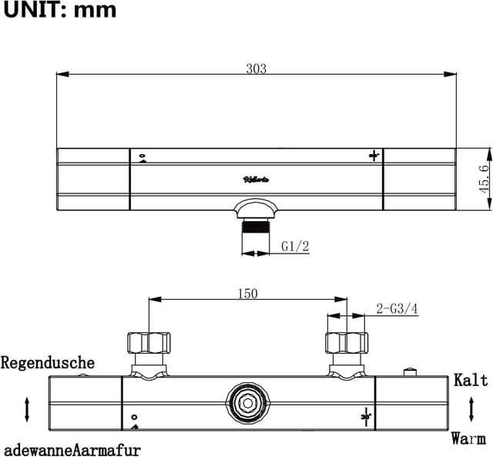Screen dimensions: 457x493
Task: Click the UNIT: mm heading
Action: [x=59, y=10]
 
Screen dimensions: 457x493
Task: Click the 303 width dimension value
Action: [x=256, y=69]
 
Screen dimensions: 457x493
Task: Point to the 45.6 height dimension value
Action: [x=484, y=179]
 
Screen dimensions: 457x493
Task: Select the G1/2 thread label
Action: [x=294, y=247]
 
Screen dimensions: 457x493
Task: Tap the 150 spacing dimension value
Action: [x=247, y=293]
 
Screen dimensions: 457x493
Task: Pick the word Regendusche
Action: [x=49, y=362]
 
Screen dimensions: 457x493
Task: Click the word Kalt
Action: [x=471, y=380]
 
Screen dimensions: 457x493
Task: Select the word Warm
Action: [x=468, y=439]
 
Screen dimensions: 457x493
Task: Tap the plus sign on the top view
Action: [x=374, y=156]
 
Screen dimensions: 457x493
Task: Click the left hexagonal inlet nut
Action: [x=148, y=343]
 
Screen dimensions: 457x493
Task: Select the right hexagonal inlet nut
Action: [x=347, y=343]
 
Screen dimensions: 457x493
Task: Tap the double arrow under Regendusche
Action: [x=28, y=408]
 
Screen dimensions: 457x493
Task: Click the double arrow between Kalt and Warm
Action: [x=471, y=409]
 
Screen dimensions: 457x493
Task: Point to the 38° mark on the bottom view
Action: [x=365, y=417]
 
